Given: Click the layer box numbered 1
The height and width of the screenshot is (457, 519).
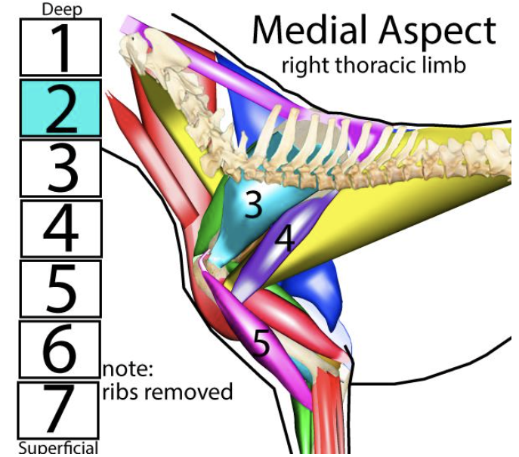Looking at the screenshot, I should click(60, 47).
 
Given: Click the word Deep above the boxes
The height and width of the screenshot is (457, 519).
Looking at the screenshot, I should click(61, 9).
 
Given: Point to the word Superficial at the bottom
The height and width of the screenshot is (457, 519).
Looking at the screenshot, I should click(57, 448).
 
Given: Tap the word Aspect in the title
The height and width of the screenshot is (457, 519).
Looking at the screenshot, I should click(438, 32).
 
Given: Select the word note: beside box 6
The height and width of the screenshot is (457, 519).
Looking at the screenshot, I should click(128, 369).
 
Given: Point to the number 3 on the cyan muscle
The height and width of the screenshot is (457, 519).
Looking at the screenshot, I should click(253, 205).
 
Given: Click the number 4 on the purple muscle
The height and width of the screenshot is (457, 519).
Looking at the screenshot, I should click(284, 239).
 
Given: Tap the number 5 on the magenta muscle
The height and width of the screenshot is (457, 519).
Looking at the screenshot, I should click(261, 344).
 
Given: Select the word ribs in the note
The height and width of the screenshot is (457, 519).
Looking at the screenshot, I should click(121, 392).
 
